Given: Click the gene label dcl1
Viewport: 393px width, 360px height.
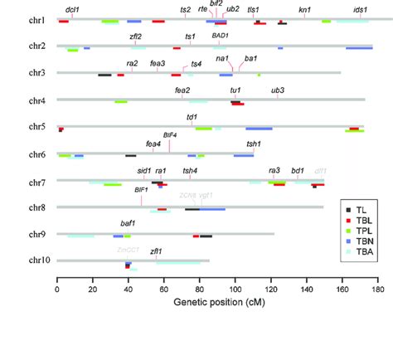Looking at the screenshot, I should click(x=72, y=8).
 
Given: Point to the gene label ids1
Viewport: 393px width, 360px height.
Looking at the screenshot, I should click(x=360, y=8).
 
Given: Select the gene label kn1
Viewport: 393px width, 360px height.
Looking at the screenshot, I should click(x=305, y=8).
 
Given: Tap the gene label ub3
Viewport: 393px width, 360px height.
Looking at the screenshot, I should click(x=278, y=90).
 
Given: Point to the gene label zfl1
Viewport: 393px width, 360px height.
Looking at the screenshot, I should click(x=156, y=251).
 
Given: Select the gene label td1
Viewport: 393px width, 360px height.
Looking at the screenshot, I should click(x=193, y=117).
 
